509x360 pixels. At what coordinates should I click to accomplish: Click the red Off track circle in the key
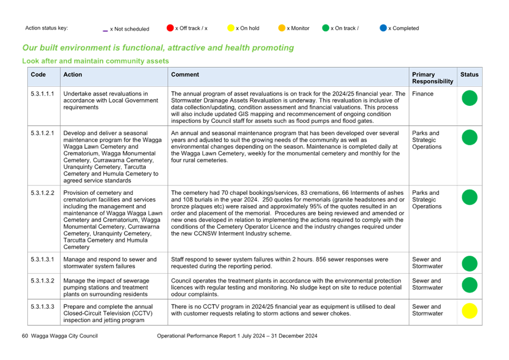170,28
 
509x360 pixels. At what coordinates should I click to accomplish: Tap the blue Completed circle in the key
383,28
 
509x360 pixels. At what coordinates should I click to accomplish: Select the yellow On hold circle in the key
231,28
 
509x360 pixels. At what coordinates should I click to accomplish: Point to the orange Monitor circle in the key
282,28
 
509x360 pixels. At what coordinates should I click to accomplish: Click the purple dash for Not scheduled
105,31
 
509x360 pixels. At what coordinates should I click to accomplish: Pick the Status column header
470,75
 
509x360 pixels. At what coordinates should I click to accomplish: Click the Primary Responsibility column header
433,78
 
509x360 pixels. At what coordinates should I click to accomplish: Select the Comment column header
185,75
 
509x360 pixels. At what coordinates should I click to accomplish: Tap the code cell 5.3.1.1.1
43,94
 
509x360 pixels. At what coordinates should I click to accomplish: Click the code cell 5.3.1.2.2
43,193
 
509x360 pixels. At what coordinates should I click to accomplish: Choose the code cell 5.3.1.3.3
43,307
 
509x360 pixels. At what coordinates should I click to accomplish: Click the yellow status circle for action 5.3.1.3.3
470,311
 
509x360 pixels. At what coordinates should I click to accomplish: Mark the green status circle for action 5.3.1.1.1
470,98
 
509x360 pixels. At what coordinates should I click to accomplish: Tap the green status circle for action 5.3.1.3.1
470,263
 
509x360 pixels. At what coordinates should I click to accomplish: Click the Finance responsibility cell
423,94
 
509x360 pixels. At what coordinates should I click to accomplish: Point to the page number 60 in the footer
25,336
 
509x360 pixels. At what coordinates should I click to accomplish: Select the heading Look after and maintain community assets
95,61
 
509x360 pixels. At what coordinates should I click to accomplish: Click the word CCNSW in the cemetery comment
205,234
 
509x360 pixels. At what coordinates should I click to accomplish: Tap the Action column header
73,75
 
